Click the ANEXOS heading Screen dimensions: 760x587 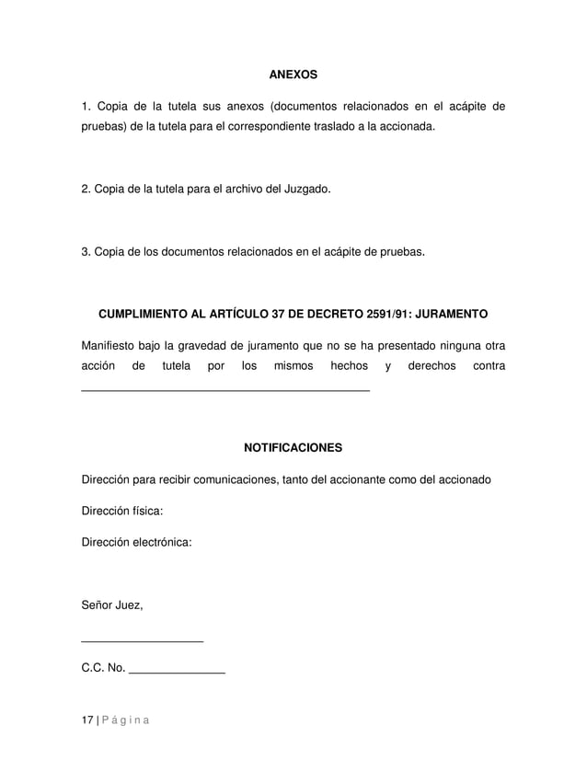(x=292, y=73)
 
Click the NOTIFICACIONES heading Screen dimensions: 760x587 (x=292, y=448)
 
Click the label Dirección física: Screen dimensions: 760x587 (x=123, y=512)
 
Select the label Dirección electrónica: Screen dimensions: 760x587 (x=137, y=543)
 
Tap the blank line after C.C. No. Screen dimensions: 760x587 (x=178, y=673)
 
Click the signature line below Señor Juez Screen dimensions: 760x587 (x=143, y=640)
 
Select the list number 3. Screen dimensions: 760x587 (x=86, y=251)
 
